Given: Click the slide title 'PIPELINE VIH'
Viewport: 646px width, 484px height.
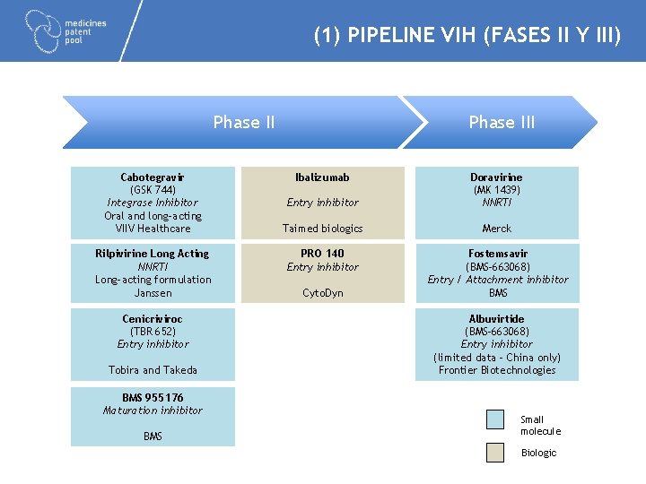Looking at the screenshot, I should coord(467,36).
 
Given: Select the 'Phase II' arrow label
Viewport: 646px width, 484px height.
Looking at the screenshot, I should coord(244,123).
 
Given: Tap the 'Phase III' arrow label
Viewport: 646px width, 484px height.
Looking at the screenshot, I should coord(502,123).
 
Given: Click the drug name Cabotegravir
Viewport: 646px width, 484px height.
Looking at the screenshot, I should coord(153,177).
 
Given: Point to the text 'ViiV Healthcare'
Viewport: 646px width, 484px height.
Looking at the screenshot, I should coord(153,229).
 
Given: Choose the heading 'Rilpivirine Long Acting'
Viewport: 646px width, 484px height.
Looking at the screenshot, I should coord(153,254).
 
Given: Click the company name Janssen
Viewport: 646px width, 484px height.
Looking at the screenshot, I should coord(153,293).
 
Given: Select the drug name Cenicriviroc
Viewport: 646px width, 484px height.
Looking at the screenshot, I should coord(153,319).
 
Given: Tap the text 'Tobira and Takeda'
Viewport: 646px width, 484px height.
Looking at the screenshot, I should coord(153,370).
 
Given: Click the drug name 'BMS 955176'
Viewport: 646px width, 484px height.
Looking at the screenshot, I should coord(153,397).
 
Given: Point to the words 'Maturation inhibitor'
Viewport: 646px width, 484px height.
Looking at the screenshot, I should coord(153,411).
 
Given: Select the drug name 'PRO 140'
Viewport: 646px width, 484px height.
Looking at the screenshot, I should coord(322,254).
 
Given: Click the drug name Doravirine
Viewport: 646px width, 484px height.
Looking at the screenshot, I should coord(496,177).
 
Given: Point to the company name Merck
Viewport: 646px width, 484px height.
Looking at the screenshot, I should coord(496,229).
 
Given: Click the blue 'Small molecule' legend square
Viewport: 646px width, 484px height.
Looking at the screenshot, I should coord(495,419).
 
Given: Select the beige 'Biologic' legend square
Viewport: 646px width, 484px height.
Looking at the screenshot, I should coord(495,453).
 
